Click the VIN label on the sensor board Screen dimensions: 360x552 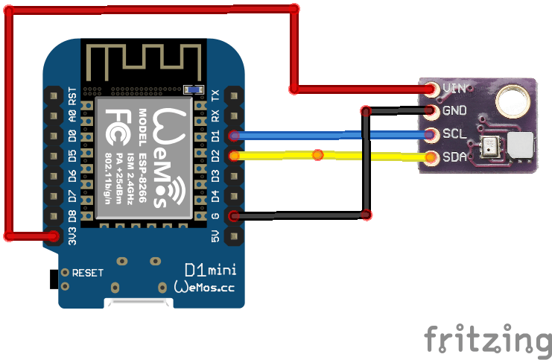click(x=454, y=88)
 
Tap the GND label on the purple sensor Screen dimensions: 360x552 click(x=454, y=111)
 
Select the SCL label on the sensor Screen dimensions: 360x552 click(x=454, y=134)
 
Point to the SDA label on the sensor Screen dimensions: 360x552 click(x=454, y=157)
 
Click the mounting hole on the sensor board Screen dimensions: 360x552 click(x=513, y=97)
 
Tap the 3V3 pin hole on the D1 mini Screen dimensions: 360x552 click(x=54, y=237)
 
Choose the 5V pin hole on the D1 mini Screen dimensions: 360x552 click(x=235, y=237)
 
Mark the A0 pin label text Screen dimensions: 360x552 click(x=72, y=116)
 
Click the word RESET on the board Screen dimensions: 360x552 click(x=88, y=273)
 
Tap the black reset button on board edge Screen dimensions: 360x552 click(x=53, y=279)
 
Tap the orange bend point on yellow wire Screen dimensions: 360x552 click(x=318, y=155)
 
